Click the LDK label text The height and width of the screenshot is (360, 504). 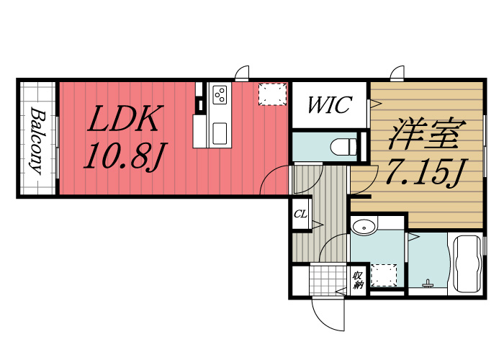point(125,119)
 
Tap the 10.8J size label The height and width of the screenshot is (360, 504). point(125,156)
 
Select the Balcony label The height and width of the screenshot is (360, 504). point(38,140)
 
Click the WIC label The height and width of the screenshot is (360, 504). point(330,104)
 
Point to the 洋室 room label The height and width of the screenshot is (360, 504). point(427,133)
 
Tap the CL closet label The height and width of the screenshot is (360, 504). point(300,214)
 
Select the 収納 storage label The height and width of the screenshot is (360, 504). point(358,280)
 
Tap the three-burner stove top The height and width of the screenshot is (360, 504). point(220,94)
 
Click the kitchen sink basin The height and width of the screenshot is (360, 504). point(220,133)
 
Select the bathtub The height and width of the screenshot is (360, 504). point(468,264)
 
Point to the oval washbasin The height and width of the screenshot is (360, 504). point(364,228)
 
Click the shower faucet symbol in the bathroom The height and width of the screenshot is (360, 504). point(428,283)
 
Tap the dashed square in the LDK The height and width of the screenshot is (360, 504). point(272,94)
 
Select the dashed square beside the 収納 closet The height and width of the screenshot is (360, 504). point(384,276)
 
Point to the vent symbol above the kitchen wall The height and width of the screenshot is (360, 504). point(242,73)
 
